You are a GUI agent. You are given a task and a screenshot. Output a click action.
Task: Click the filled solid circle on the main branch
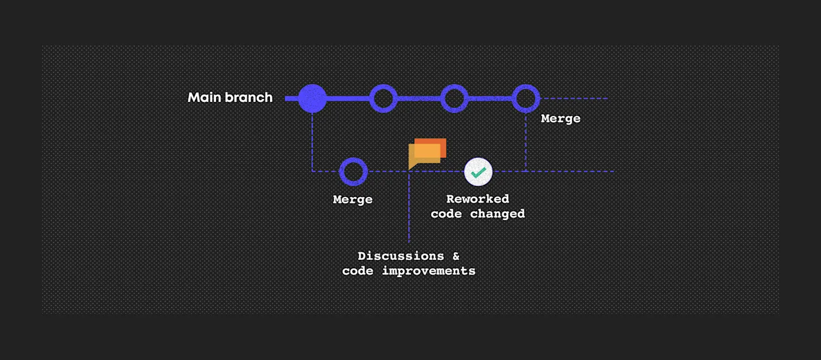tap(312, 98)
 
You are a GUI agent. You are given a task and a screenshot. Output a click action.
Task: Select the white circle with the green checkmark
tap(478, 171)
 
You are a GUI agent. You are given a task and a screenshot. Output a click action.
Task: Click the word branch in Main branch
tap(248, 98)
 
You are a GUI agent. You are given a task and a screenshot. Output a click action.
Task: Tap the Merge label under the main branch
tap(561, 119)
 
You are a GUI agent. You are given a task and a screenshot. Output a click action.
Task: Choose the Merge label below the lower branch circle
tap(353, 200)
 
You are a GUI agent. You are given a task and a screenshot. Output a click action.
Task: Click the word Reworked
tap(478, 199)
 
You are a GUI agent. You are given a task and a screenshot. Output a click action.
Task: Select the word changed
tap(497, 214)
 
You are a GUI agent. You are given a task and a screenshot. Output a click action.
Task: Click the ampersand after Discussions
tap(456, 256)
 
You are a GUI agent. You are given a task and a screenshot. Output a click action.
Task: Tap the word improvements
tap(428, 271)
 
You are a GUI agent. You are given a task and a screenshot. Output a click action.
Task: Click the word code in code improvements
tap(358, 271)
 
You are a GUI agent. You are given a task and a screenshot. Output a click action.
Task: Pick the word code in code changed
tap(446, 214)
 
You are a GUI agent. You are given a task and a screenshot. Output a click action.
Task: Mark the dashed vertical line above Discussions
tap(409, 207)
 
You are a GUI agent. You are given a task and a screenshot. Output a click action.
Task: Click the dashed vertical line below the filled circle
tap(312, 142)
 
